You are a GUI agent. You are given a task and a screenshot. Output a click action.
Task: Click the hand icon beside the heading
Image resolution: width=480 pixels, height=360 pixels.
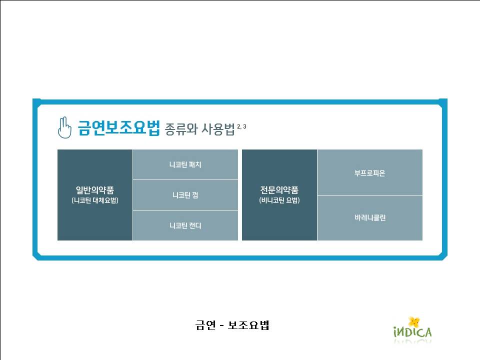tap(64, 127)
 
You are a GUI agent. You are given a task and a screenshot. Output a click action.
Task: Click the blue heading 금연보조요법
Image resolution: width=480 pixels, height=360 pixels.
tap(119, 127)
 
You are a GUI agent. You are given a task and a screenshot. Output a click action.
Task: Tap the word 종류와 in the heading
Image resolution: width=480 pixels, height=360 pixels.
tap(181, 129)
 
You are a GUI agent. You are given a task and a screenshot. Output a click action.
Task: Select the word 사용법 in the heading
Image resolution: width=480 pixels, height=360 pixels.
tap(218, 129)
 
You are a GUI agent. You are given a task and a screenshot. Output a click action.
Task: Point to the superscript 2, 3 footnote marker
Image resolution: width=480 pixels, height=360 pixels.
tap(241, 126)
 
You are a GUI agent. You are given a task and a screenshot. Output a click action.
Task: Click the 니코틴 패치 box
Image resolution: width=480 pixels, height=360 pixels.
tap(185, 164)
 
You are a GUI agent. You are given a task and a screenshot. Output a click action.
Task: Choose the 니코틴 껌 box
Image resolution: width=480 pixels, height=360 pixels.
tap(185, 195)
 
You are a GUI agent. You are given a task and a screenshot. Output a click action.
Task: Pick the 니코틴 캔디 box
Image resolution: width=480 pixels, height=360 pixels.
tap(185, 225)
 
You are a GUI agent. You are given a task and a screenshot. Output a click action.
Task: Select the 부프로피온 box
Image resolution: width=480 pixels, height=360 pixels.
tap(370, 172)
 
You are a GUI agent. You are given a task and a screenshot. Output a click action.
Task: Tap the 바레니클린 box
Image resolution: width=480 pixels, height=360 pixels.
tap(370, 218)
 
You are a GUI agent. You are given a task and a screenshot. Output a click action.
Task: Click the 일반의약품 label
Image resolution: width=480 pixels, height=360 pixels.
tap(95, 190)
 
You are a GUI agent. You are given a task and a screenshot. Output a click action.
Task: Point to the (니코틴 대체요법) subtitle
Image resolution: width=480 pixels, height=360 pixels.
tap(95, 200)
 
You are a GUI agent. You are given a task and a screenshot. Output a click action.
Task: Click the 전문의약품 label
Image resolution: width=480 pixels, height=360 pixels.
tap(279, 190)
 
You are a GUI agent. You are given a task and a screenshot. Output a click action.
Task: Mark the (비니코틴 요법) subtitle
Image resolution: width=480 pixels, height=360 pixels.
tap(279, 200)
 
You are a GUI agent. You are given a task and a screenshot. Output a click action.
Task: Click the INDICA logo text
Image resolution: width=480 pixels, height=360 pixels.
tap(412, 332)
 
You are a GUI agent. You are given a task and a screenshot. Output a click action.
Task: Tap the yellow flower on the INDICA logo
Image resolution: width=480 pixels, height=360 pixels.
tap(414, 321)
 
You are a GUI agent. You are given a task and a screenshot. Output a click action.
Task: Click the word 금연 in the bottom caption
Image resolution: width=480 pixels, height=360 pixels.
tap(205, 325)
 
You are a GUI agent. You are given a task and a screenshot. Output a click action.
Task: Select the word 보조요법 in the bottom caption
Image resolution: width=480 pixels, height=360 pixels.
tap(248, 325)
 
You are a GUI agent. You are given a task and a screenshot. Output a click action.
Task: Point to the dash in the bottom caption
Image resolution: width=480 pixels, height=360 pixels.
tap(222, 325)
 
